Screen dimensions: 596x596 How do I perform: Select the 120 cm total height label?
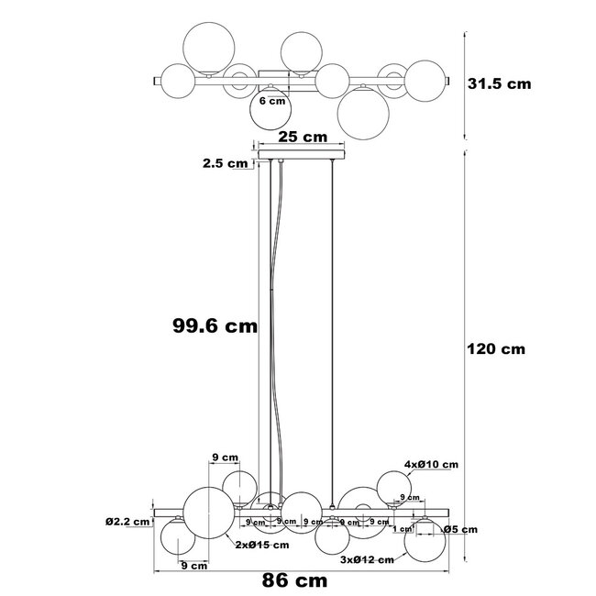coord(496,348)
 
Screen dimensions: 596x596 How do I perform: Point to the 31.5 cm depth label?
coord(499,83)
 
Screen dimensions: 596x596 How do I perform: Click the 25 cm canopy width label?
coord(303,138)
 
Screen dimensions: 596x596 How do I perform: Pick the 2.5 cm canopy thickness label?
coord(226,164)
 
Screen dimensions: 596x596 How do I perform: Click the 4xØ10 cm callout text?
coord(430,465)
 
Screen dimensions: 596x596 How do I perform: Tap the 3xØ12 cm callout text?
coord(367,559)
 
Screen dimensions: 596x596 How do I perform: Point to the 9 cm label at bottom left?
coord(193,566)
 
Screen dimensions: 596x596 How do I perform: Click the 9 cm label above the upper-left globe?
coord(225,456)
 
